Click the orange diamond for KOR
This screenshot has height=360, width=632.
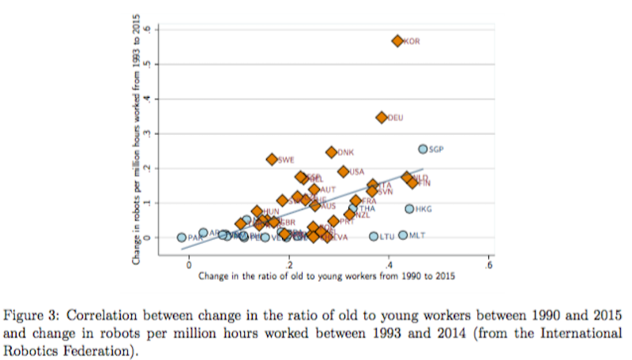[x=397, y=41]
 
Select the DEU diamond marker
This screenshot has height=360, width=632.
[x=382, y=117]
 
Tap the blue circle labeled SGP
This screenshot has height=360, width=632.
[x=423, y=149]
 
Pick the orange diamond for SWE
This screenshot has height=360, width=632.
[x=273, y=159]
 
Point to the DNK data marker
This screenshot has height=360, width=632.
[x=332, y=152]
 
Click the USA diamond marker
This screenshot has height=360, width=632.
[x=344, y=171]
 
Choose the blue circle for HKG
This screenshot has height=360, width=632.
[x=409, y=209]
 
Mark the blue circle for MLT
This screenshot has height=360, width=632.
[x=403, y=235]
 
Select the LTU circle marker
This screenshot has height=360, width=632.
[x=374, y=236]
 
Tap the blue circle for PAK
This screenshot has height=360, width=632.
[x=182, y=237]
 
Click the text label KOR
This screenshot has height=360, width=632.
[x=412, y=42]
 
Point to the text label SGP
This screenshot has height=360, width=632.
[x=437, y=149]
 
